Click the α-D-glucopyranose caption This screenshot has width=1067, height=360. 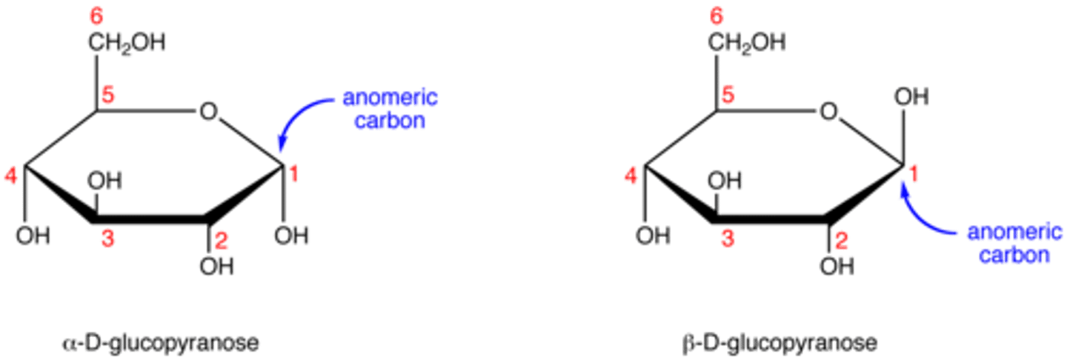(x=161, y=344)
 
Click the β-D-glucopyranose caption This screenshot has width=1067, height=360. (x=780, y=344)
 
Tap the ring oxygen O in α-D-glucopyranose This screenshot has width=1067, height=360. (x=209, y=112)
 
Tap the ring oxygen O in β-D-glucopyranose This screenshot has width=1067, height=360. (x=829, y=112)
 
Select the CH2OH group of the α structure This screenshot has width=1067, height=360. (x=127, y=43)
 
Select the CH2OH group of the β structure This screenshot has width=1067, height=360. (x=746, y=43)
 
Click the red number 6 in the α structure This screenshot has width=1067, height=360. (x=96, y=16)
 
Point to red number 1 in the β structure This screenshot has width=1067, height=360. (x=914, y=174)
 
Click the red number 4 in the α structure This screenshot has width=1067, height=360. (x=10, y=176)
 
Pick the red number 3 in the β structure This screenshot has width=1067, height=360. (x=728, y=238)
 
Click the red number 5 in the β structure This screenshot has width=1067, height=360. (x=728, y=96)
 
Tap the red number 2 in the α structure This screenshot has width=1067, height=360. (x=221, y=241)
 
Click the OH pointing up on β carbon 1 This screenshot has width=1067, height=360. (x=911, y=97)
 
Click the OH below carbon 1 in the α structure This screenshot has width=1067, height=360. (x=291, y=236)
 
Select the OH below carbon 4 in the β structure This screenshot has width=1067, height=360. (x=653, y=236)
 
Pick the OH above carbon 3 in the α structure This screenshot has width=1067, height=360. (x=104, y=181)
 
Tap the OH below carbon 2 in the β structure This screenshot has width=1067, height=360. (x=837, y=266)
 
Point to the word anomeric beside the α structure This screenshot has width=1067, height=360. (x=390, y=98)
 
